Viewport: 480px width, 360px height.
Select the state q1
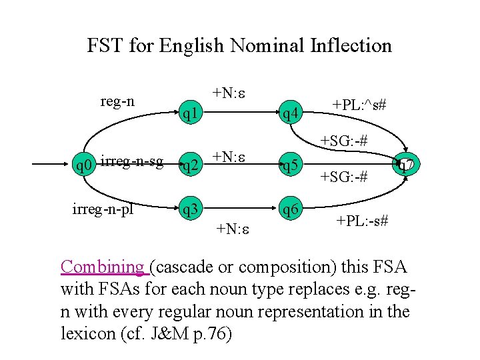192,115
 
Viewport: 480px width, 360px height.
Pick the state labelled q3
192,210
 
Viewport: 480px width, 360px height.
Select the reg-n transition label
117,101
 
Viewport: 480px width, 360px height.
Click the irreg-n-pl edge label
103,207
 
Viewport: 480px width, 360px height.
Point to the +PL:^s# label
360,105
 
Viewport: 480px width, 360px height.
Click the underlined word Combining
103,267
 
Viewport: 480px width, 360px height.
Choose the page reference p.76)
210,333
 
